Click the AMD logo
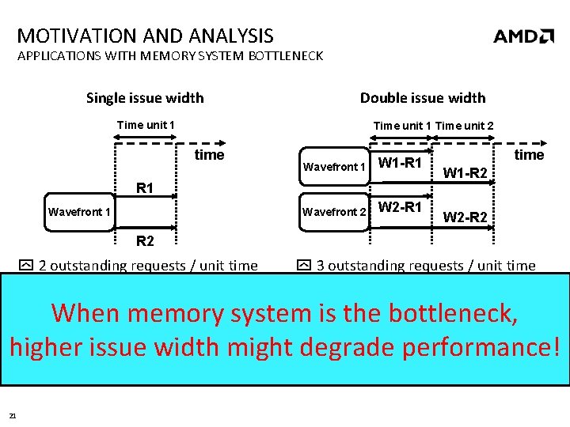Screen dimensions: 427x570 coord(523,36)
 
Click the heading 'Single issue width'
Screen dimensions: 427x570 coord(145,98)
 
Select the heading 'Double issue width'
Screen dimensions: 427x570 coord(423,98)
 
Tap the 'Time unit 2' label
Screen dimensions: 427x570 coord(465,126)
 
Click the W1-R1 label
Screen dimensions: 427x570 coord(401,164)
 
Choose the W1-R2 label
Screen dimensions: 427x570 coord(464,173)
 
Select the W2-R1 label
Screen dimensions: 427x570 coord(401,208)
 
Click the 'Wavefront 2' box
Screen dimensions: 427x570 coord(334,211)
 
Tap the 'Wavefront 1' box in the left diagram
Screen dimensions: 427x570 coord(79,211)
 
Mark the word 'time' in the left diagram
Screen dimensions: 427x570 coord(210,155)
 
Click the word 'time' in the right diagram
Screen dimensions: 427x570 coord(530,155)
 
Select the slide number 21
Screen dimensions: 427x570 coord(13,415)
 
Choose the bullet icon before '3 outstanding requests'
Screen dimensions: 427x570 coord(304,266)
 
